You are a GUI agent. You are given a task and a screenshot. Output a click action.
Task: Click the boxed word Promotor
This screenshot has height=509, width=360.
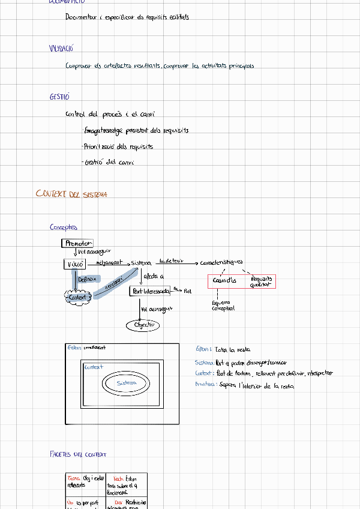tap(77, 243)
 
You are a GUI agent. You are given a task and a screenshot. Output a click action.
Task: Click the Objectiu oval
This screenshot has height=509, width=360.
tap(143, 325)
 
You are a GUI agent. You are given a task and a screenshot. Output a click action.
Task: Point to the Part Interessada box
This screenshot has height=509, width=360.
tap(150, 291)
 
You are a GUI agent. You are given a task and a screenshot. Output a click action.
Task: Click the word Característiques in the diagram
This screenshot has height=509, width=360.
tap(221, 262)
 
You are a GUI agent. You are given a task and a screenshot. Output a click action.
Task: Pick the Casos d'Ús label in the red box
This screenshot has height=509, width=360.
tap(225, 280)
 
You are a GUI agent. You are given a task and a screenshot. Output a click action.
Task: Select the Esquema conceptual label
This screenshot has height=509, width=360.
tap(223, 306)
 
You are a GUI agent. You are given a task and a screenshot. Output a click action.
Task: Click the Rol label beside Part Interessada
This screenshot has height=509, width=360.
tap(187, 291)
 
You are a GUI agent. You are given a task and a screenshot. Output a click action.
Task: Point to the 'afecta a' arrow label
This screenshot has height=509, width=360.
tap(154, 276)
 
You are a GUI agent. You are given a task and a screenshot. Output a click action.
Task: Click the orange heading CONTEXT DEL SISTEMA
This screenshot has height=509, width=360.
tap(71, 194)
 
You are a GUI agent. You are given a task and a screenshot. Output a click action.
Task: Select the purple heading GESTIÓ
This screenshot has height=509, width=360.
tap(60, 97)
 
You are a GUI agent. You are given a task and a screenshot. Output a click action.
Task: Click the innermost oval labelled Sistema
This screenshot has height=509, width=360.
tap(127, 382)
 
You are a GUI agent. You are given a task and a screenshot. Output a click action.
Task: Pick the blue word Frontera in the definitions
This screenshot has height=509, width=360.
tap(206, 385)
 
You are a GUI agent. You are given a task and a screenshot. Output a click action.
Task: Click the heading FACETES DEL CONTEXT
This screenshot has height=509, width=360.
tap(78, 454)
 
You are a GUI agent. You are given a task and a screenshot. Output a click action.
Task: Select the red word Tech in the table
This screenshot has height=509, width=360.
tap(118, 478)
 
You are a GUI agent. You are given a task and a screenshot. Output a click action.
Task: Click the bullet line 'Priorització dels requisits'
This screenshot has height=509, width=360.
tap(118, 146)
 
